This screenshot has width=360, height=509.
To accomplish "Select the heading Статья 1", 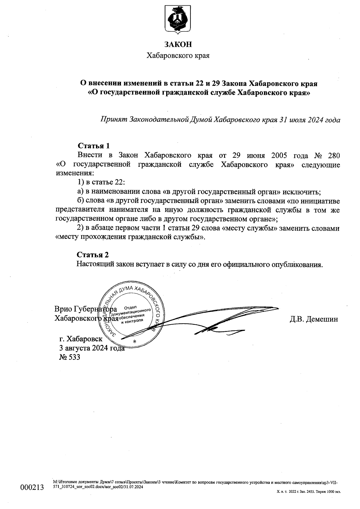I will [x=94, y=146].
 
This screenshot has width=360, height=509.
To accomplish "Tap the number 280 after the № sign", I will [x=332, y=156].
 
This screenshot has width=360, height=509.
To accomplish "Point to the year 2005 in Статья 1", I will [x=281, y=156].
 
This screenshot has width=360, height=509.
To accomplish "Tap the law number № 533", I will [x=70, y=357].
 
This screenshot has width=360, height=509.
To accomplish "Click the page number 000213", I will [x=32, y=487].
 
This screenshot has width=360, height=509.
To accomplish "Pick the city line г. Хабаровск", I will [x=81, y=339].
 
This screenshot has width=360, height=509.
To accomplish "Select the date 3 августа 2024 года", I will [x=92, y=348].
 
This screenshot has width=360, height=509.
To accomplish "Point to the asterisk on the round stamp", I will [x=134, y=342].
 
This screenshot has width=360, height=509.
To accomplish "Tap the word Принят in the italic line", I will [x=114, y=120].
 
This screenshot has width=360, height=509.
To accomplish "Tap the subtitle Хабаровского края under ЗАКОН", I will [x=178, y=56].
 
